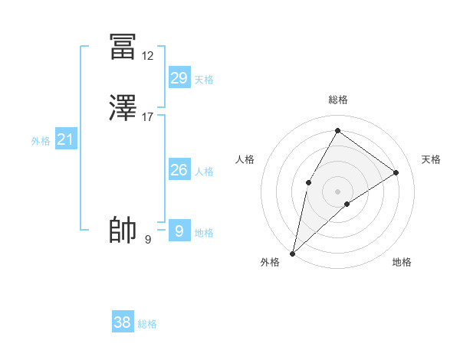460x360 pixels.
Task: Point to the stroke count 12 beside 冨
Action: coord(148,56)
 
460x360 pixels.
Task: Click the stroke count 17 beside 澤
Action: coord(148,117)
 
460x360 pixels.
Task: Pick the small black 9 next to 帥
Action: coord(148,240)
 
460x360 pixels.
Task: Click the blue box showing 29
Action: coord(179,78)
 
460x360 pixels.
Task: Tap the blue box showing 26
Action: coord(179,170)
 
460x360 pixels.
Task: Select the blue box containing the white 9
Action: coord(179,231)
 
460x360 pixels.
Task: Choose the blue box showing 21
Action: coord(66,140)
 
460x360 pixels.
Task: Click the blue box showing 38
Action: coord(123,322)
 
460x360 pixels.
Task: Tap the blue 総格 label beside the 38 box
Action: coord(148,324)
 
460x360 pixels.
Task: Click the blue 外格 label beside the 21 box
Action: coord(41,141)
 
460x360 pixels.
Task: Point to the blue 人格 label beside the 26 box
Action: coord(205,172)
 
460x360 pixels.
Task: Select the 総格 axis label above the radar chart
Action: coord(338,100)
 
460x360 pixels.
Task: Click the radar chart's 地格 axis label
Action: coord(402,262)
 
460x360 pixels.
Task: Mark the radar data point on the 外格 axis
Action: coord(292,253)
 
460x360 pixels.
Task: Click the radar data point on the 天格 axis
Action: coord(396,172)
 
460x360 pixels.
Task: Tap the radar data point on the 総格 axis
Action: coord(337,131)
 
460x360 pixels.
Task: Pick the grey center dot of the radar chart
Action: coord(337,191)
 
